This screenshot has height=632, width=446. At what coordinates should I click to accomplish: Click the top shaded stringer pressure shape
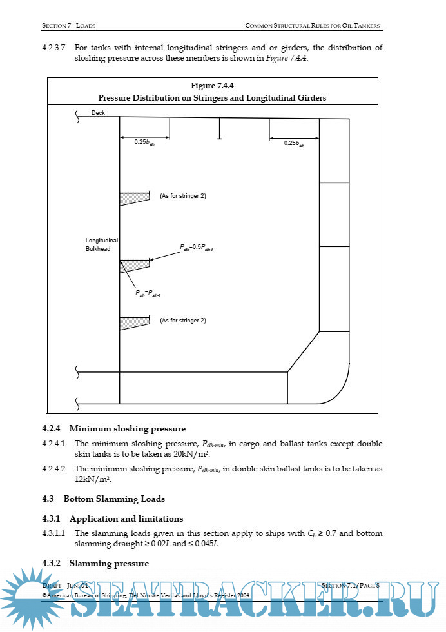click(x=133, y=198)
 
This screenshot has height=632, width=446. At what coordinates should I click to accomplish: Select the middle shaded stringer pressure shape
click(x=134, y=265)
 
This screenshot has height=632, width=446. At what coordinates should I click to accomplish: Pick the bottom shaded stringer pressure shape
click(x=133, y=322)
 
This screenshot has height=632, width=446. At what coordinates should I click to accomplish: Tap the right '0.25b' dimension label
click(x=294, y=143)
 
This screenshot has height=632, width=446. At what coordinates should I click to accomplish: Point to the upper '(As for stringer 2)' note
click(x=183, y=195)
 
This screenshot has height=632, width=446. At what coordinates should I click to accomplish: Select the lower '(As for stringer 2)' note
click(x=183, y=320)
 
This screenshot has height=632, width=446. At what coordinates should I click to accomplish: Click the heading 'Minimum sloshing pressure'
click(x=127, y=428)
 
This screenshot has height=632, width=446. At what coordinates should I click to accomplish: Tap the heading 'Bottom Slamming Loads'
click(x=114, y=499)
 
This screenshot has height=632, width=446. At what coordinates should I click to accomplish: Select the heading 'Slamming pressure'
click(x=109, y=563)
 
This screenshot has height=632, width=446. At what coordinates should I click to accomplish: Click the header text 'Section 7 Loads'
click(x=69, y=26)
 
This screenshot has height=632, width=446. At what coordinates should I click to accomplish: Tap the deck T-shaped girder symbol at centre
click(x=220, y=129)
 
